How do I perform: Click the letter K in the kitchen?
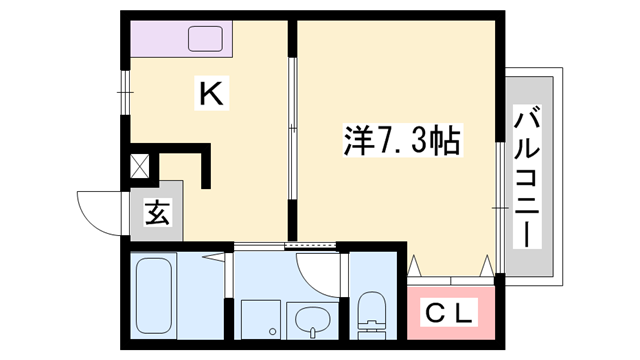213,94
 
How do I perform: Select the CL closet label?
448,312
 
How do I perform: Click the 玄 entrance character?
158,213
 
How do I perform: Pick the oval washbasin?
309,321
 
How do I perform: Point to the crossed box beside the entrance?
140,165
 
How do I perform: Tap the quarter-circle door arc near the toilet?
318,268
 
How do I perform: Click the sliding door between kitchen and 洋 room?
291,129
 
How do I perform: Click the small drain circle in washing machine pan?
270,331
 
